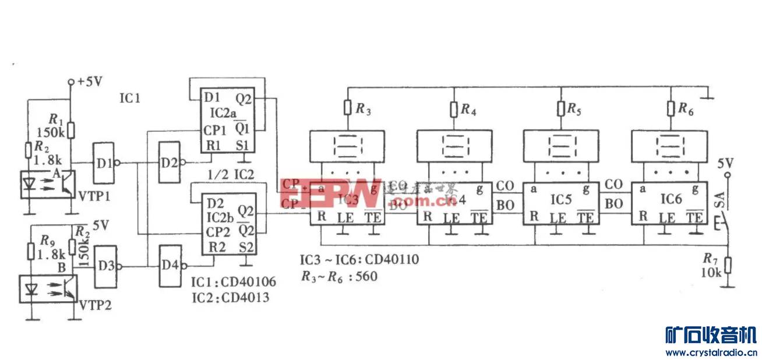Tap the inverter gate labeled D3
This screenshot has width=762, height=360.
pyautogui.click(x=107, y=267)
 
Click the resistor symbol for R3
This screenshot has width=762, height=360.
pyautogui.click(x=347, y=108)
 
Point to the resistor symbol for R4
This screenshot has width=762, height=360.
pyautogui.click(x=453, y=108)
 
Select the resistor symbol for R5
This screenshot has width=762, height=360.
pyautogui.click(x=561, y=108)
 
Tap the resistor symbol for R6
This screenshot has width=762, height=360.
pyautogui.click(x=670, y=108)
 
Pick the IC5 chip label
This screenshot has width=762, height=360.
pyautogui.click(x=560, y=199)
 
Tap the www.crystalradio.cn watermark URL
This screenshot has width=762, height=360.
pyautogui.click(x=710, y=352)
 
